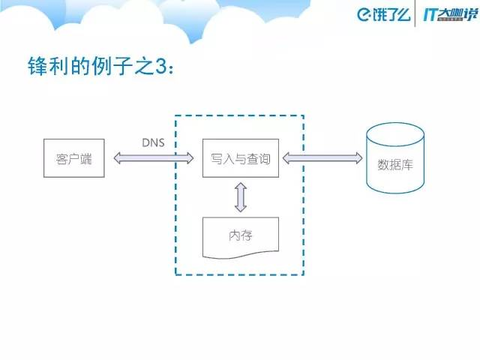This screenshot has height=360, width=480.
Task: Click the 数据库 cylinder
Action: tap(394, 160)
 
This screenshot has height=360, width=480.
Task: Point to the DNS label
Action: tap(154, 142)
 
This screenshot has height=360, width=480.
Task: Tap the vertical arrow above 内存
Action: tap(240, 197)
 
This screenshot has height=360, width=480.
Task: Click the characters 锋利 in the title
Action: tap(46, 68)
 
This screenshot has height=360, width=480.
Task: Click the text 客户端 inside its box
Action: tap(73, 158)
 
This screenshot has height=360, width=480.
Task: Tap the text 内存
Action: tap(240, 235)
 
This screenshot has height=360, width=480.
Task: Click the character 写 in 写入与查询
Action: tap(217, 158)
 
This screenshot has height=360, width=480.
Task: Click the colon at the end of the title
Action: tap(177, 70)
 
